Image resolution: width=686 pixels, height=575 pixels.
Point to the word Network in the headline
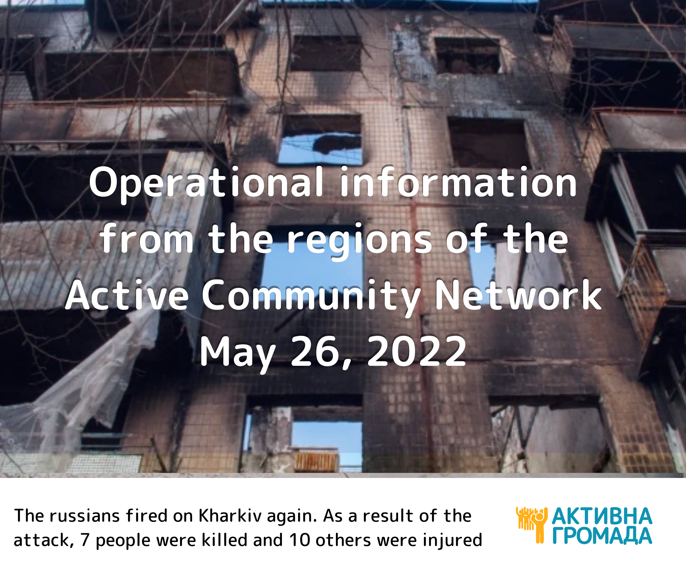coord(518,295)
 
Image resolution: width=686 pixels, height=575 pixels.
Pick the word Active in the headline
coord(127,295)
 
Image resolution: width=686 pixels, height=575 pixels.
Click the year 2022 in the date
coord(417,351)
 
